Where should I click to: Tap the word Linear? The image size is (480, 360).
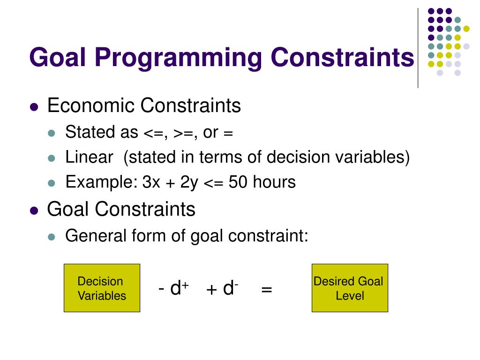(89, 157)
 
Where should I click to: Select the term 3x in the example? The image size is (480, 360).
(152, 182)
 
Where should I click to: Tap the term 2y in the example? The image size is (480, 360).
(189, 182)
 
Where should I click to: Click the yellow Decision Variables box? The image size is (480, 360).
(102, 288)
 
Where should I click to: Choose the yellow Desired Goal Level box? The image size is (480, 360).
(350, 288)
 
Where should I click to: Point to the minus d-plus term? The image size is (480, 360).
(173, 289)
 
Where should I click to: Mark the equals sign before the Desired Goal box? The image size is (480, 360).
(267, 290)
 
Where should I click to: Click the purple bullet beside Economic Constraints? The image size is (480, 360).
(34, 107)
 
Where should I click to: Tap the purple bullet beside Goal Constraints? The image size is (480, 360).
(34, 210)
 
